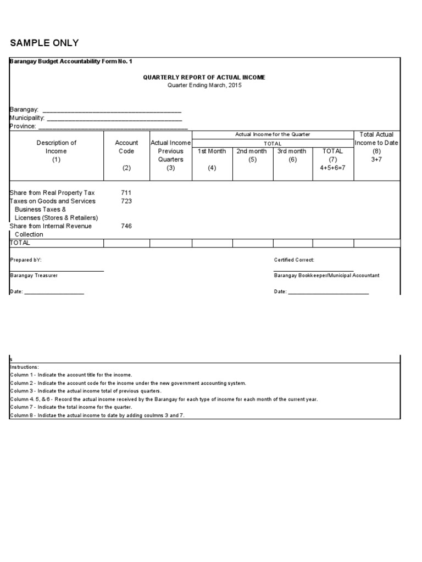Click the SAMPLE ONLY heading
[x=45, y=43]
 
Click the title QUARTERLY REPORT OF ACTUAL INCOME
[x=204, y=77]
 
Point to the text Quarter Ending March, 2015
[x=204, y=85]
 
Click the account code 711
[x=126, y=193]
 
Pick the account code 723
[x=126, y=201]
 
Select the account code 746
[x=126, y=226]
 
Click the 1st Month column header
[x=212, y=151]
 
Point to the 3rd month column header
[x=292, y=151]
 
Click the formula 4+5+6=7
[x=332, y=168]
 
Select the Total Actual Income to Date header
[x=376, y=139]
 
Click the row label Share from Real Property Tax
[x=52, y=193]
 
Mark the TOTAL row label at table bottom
[x=20, y=243]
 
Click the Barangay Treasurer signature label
[x=34, y=276]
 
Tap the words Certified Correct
[x=294, y=260]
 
